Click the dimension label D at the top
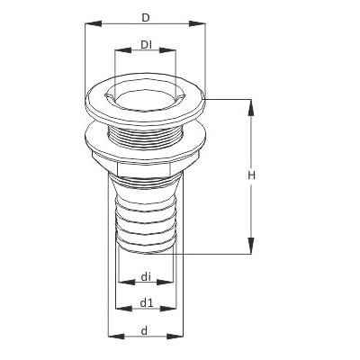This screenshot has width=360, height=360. click(x=145, y=17)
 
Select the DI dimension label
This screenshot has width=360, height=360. click(x=145, y=45)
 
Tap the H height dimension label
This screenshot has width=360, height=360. click(x=252, y=175)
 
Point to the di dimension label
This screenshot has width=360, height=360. click(x=145, y=277)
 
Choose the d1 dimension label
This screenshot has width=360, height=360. click(x=145, y=302)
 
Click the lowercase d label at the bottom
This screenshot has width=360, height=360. click(x=145, y=329)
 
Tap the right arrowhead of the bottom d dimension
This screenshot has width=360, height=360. click(x=178, y=337)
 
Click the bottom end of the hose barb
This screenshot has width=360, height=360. click(x=144, y=254)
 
